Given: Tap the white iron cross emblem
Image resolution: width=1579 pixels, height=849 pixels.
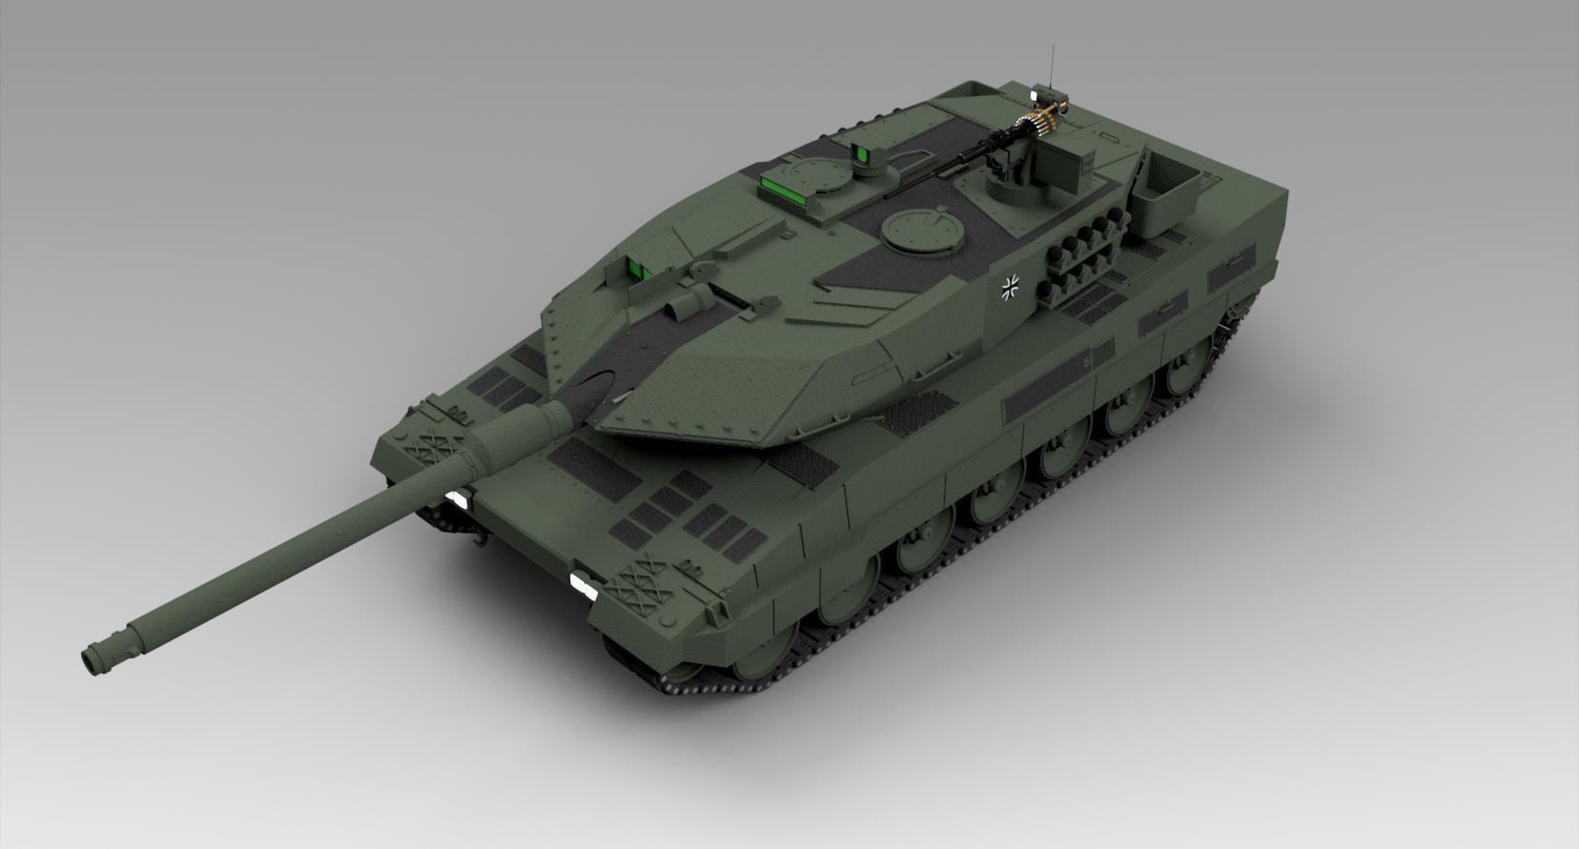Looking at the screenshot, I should [x=1012, y=286].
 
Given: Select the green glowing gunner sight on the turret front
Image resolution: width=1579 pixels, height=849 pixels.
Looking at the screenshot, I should [x=636, y=269].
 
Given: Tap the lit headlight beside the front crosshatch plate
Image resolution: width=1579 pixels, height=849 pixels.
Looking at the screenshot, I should [x=580, y=583].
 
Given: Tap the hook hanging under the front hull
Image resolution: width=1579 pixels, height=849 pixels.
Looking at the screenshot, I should [x=475, y=539].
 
